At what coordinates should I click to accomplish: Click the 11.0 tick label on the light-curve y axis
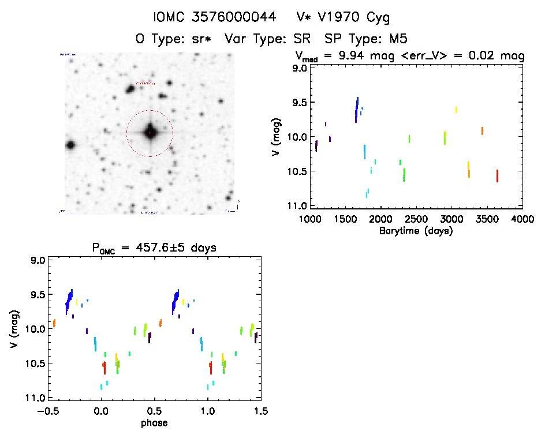[x=298, y=206]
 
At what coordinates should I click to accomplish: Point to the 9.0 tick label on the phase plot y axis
[x=38, y=260]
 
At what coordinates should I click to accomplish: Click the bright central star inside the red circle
[x=150, y=133]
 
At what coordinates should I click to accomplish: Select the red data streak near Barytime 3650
[x=497, y=175]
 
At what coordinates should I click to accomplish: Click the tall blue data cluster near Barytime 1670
[x=357, y=109]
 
